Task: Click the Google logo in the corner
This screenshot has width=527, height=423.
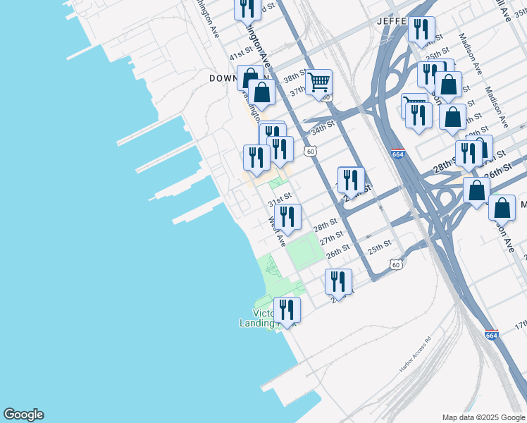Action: [23, 415]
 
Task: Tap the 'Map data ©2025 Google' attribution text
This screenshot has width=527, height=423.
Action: [483, 417]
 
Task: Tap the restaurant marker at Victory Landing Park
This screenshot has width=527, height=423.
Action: [287, 309]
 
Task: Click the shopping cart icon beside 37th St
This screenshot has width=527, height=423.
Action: [318, 82]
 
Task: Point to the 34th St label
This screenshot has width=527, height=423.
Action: [322, 130]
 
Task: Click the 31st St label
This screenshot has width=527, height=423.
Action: [279, 201]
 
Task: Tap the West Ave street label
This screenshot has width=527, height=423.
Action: [277, 232]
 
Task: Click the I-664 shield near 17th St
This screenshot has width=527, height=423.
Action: [492, 335]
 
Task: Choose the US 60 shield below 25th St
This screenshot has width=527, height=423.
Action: [397, 264]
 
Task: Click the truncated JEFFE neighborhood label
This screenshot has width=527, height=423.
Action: [392, 21]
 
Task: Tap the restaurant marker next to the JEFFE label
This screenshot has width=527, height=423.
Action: [421, 30]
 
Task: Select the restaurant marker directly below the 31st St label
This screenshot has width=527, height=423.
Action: [287, 217]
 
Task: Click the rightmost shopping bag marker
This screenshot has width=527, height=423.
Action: [502, 208]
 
